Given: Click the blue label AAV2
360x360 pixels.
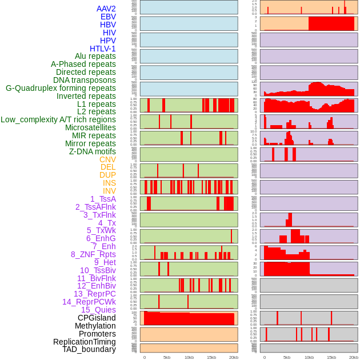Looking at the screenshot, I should (106, 9).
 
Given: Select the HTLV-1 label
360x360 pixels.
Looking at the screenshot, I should (103, 49).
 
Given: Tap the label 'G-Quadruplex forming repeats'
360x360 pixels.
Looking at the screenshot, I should (61, 88).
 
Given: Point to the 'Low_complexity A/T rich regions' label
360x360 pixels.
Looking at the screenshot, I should (58, 119).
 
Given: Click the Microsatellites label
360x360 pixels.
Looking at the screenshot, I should (90, 127).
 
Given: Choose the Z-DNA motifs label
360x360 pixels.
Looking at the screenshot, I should (93, 151).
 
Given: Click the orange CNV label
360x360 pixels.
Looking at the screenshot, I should (107, 159).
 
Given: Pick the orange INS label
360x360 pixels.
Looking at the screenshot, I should (109, 183).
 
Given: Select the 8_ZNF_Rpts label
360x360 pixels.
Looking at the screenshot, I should (93, 254).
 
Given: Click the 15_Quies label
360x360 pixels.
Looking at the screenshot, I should (98, 310).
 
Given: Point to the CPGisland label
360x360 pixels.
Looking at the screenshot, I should (97, 318).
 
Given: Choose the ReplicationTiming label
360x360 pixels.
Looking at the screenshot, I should (85, 342).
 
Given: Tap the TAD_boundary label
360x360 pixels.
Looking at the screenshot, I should (89, 349).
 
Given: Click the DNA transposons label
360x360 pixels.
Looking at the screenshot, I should (85, 80).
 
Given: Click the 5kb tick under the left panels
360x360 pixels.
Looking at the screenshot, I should (167, 357).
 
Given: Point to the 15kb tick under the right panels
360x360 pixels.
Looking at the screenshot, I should (331, 357).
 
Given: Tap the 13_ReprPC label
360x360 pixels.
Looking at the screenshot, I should (95, 294).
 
